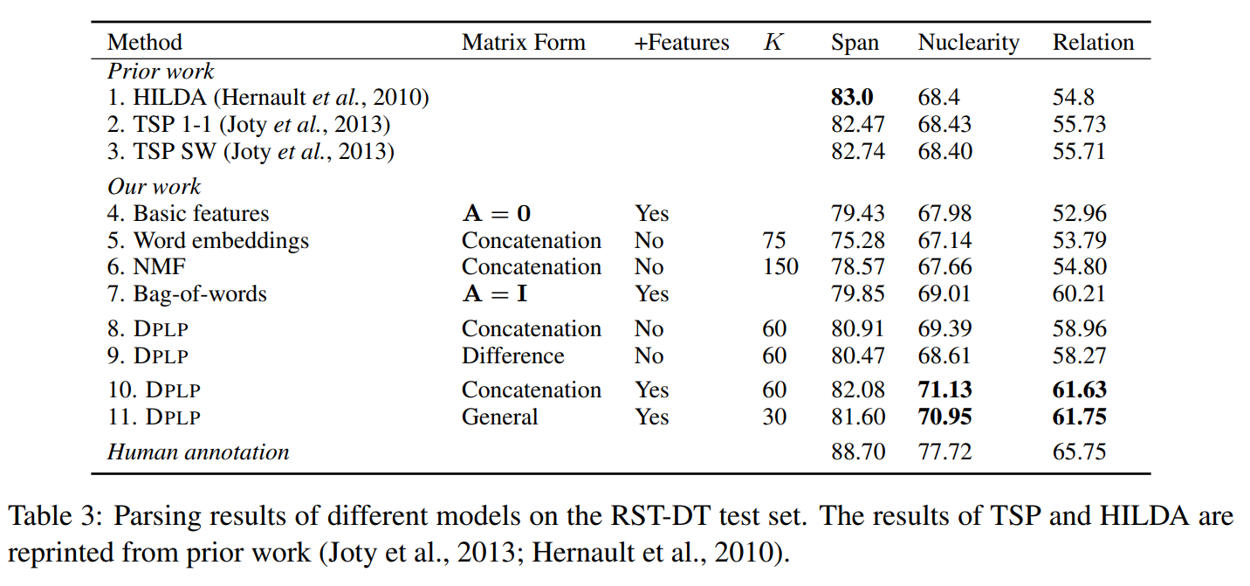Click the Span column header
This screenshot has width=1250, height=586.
pyautogui.click(x=855, y=43)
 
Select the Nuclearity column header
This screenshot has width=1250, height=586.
pyautogui.click(x=968, y=43)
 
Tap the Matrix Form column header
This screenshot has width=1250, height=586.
pyautogui.click(x=523, y=43)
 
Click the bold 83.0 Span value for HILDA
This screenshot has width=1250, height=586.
pyautogui.click(x=851, y=98)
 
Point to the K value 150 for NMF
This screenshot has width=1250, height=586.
pyautogui.click(x=780, y=267)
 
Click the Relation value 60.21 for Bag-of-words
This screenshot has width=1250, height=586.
pyautogui.click(x=1079, y=294)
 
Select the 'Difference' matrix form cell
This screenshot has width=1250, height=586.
pyautogui.click(x=512, y=356)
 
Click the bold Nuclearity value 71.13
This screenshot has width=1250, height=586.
pyautogui.click(x=944, y=390)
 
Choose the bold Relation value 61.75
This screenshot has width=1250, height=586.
pyautogui.click(x=1079, y=417)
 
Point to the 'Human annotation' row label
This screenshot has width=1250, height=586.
pyautogui.click(x=198, y=452)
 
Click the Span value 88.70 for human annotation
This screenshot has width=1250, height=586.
pyautogui.click(x=857, y=452)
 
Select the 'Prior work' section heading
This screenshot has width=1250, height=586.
pyautogui.click(x=161, y=72)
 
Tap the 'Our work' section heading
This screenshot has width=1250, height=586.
pyautogui.click(x=154, y=187)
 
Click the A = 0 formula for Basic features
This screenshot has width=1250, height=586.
pyautogui.click(x=496, y=214)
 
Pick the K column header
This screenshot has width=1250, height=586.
pyautogui.click(x=773, y=43)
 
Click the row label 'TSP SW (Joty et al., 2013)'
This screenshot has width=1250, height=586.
pyautogui.click(x=251, y=152)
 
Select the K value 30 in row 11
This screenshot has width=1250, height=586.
pyautogui.click(x=774, y=417)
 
